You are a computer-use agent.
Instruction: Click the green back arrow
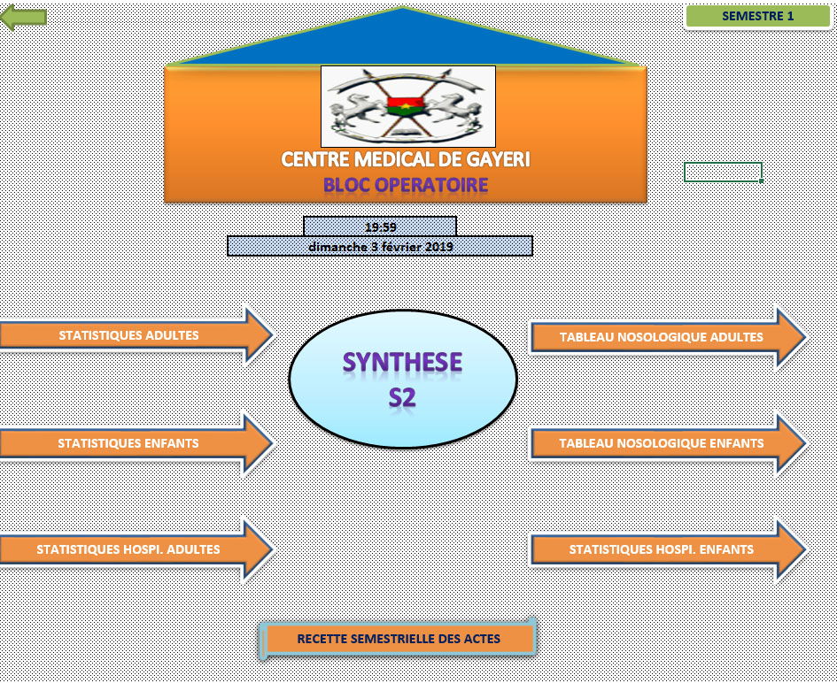point(24,18)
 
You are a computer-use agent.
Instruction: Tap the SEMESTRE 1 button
point(757,16)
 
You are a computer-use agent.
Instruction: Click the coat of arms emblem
point(407,106)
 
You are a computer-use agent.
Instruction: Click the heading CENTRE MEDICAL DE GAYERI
point(406,159)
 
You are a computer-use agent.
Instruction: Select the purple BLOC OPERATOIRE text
point(406,185)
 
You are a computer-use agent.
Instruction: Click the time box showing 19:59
point(380,226)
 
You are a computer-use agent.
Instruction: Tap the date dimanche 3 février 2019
point(380,246)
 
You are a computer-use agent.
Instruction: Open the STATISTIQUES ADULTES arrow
point(136,335)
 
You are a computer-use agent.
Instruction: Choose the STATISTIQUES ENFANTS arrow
point(136,443)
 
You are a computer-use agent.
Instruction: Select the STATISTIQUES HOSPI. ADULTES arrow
point(136,549)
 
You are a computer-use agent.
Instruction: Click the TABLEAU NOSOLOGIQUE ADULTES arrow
point(668,337)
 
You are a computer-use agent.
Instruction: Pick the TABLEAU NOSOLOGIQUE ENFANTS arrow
point(668,443)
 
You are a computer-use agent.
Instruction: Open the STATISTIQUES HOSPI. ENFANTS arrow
point(668,549)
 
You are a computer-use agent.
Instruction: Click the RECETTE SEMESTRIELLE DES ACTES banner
point(399,638)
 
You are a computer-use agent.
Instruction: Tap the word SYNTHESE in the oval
point(402,362)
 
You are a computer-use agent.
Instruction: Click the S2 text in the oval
point(402,397)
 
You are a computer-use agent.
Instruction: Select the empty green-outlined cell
point(724,172)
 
